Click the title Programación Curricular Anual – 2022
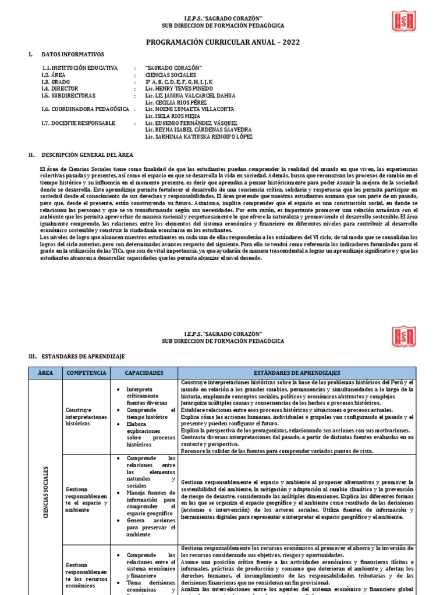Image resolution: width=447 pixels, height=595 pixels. point(223,43)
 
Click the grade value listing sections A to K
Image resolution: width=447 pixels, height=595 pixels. point(179,82)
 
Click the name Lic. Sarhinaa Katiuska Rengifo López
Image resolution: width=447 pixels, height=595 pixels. point(199,137)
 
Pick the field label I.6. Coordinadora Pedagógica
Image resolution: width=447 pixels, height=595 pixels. point(85,109)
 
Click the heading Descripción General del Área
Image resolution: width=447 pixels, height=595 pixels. point(87,155)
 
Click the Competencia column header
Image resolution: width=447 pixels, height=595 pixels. point(87,372)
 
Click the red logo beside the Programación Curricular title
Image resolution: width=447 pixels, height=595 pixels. point(403,21)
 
